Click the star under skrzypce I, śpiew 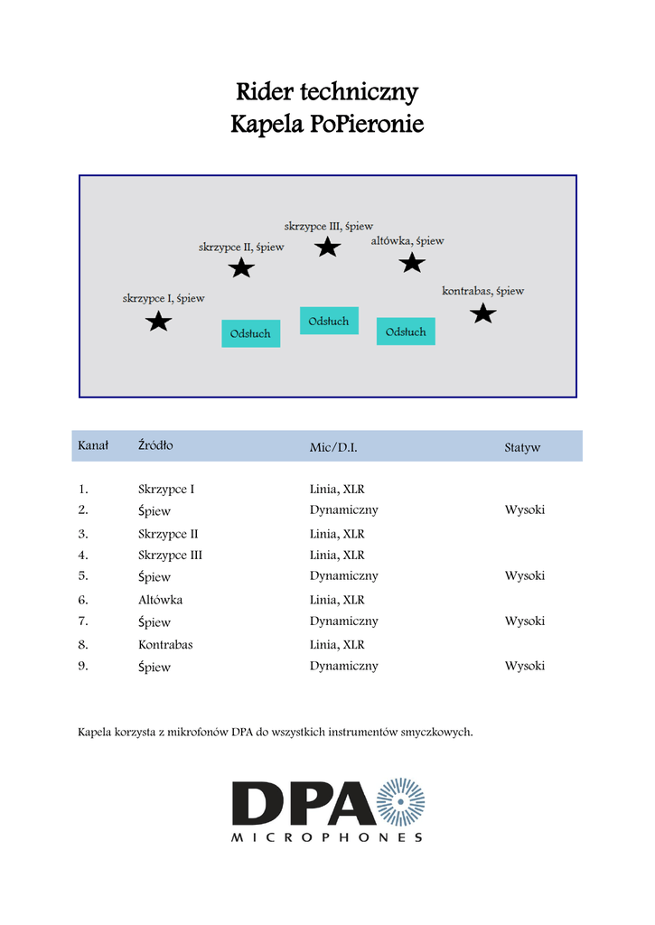[159, 321]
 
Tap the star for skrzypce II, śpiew [241, 267]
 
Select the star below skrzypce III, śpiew [327, 247]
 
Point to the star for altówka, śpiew [412, 263]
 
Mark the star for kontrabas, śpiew [483, 313]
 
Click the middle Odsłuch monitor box [329, 321]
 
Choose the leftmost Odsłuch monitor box [250, 333]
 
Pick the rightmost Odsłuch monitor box [406, 332]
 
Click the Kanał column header [93, 445]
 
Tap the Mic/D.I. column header [340, 447]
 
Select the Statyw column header [522, 447]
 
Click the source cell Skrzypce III [170, 555]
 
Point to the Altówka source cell [161, 600]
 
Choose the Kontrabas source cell [165, 645]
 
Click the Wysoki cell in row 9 [525, 666]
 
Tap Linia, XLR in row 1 [337, 489]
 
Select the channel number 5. [83, 575]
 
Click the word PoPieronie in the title [366, 124]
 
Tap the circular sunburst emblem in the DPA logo [400, 802]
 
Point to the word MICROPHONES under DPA [327, 837]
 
